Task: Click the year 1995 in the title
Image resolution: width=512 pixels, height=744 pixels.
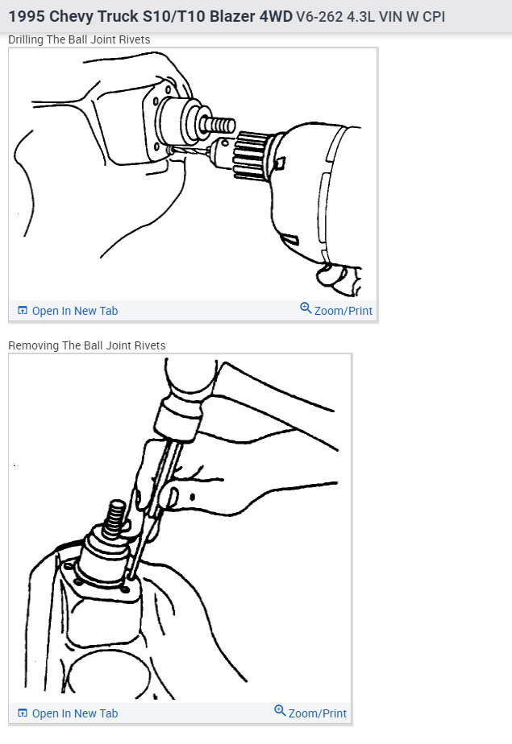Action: [26, 16]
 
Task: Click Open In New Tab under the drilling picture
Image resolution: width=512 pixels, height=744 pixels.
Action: [74, 311]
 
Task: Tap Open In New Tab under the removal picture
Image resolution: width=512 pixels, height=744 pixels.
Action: [74, 713]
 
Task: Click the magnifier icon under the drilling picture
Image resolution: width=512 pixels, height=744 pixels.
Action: [306, 308]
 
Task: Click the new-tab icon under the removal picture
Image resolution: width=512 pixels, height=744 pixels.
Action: [23, 713]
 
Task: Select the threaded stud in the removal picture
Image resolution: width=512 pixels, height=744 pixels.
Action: [115, 515]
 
